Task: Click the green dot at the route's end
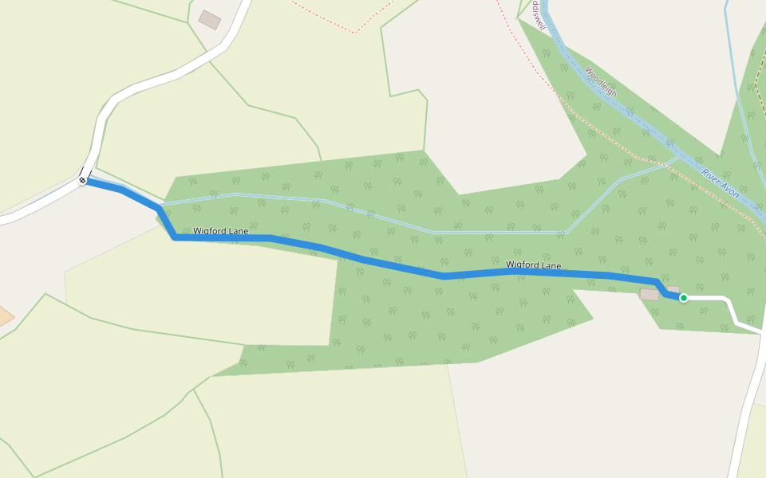[684, 298]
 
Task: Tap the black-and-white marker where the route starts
[82, 181]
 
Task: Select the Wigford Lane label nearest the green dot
[533, 264]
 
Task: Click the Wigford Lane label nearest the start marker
[221, 231]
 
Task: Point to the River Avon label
[721, 183]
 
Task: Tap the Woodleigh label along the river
[601, 81]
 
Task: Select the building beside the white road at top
[210, 20]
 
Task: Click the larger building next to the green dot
[650, 295]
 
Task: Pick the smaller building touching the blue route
[673, 290]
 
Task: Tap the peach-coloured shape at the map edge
[4, 315]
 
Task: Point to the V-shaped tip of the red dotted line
[354, 32]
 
